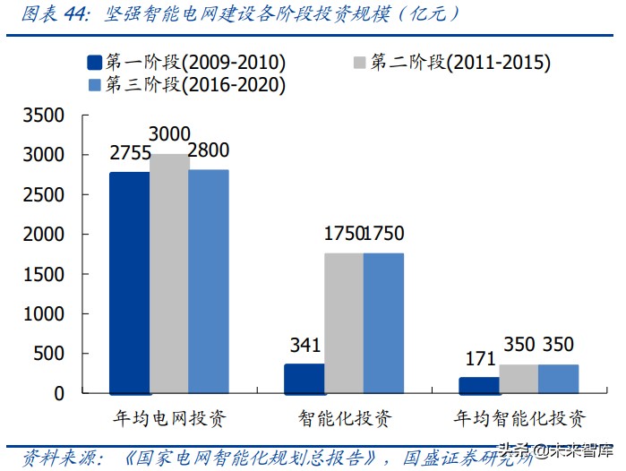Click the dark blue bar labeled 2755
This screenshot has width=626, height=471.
(129, 282)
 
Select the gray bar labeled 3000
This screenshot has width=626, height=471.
(169, 273)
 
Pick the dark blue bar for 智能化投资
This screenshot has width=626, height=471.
(304, 378)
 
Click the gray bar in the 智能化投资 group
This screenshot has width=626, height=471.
(343, 322)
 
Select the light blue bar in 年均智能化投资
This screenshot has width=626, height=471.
(557, 378)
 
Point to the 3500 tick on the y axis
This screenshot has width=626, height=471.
(44, 116)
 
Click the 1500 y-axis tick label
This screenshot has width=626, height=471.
(44, 274)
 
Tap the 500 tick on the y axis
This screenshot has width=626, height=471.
(49, 354)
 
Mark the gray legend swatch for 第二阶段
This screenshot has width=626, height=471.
(359, 63)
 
